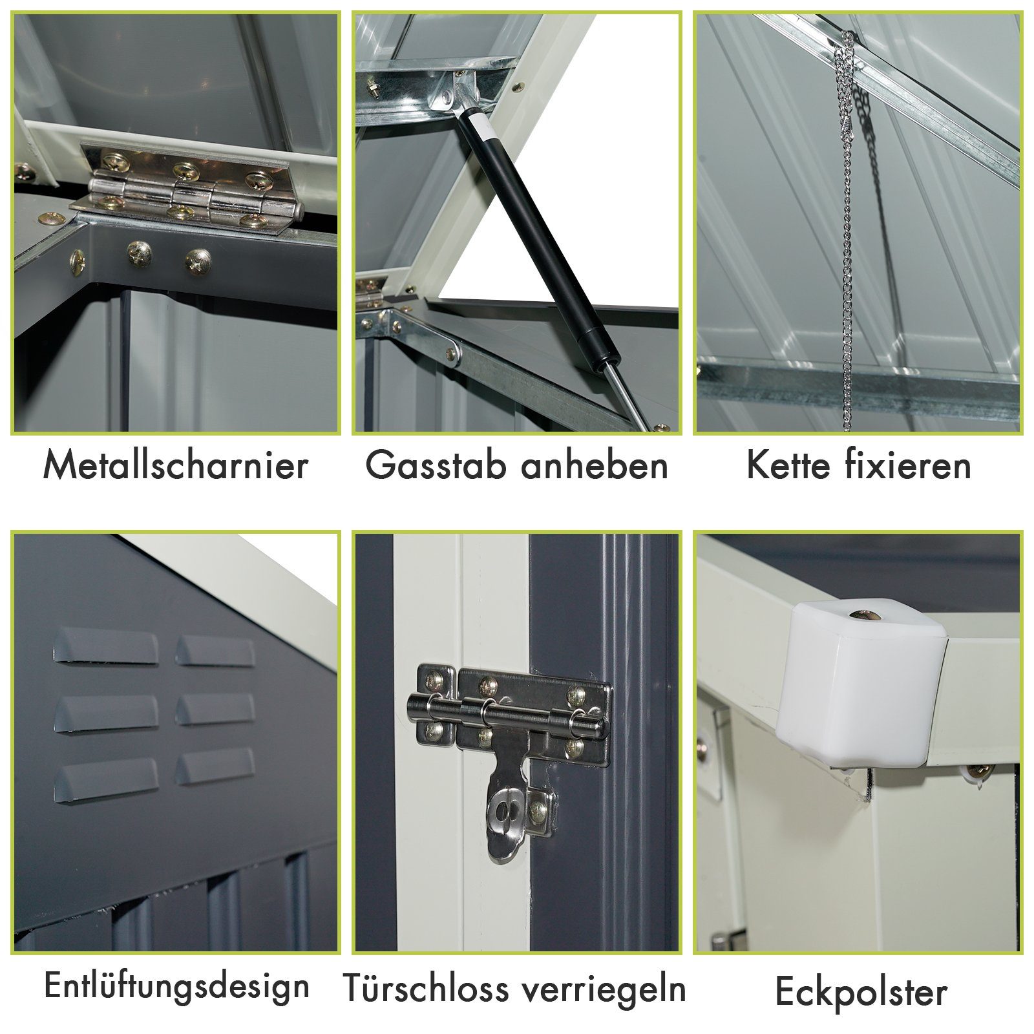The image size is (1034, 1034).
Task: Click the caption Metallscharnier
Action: coord(175,465)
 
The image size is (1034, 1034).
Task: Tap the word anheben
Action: coord(595,465)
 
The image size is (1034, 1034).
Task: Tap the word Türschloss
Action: coord(426,988)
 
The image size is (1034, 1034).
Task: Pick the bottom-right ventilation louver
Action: coord(215,767)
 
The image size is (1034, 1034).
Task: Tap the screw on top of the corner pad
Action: coord(866,614)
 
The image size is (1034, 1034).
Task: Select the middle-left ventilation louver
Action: coord(106,713)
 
